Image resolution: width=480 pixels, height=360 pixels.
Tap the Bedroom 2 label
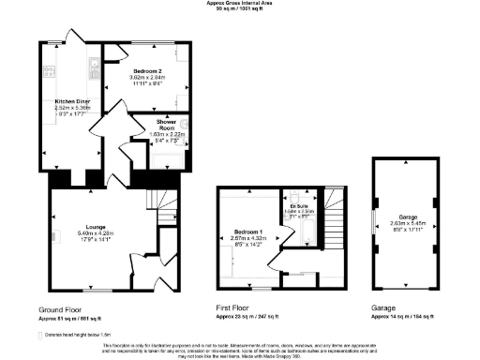[x=149, y=71]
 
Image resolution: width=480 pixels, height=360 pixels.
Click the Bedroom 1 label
[x=248, y=232]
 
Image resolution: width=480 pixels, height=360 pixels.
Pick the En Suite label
[x=298, y=204]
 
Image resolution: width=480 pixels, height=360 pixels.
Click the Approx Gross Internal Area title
[x=240, y=3]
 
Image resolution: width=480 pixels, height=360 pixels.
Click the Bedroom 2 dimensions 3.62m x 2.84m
[x=149, y=78]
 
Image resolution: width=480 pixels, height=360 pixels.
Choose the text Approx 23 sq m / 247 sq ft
[x=247, y=317]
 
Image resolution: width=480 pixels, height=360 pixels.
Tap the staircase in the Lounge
[x=165, y=210]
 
